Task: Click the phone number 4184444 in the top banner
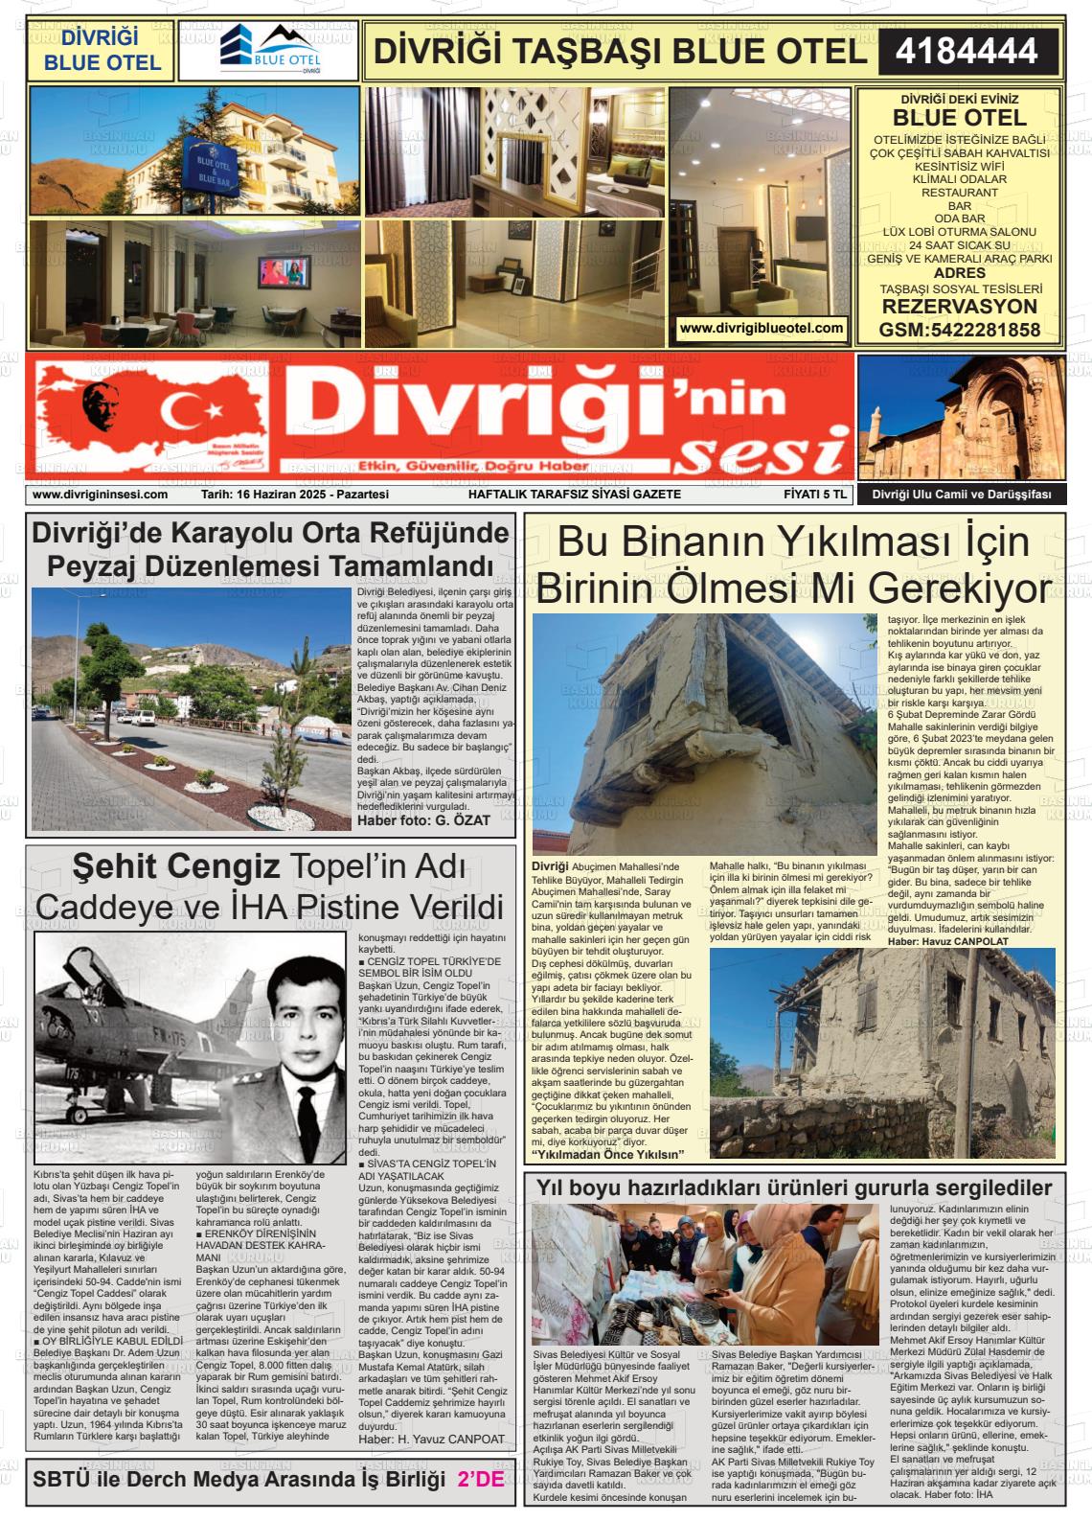pyautogui.click(x=967, y=51)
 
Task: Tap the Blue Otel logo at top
pyautogui.click(x=268, y=51)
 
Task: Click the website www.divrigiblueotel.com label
pyautogui.click(x=762, y=328)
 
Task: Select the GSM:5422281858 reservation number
pyautogui.click(x=959, y=330)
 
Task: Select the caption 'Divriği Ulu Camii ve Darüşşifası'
pyautogui.click(x=961, y=495)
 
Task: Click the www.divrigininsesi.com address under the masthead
pyautogui.click(x=100, y=495)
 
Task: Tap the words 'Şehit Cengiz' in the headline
pyautogui.click(x=176, y=866)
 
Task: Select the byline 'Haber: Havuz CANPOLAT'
pyautogui.click(x=948, y=941)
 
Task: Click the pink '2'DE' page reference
pyautogui.click(x=481, y=1479)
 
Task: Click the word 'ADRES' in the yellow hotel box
pyautogui.click(x=959, y=273)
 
